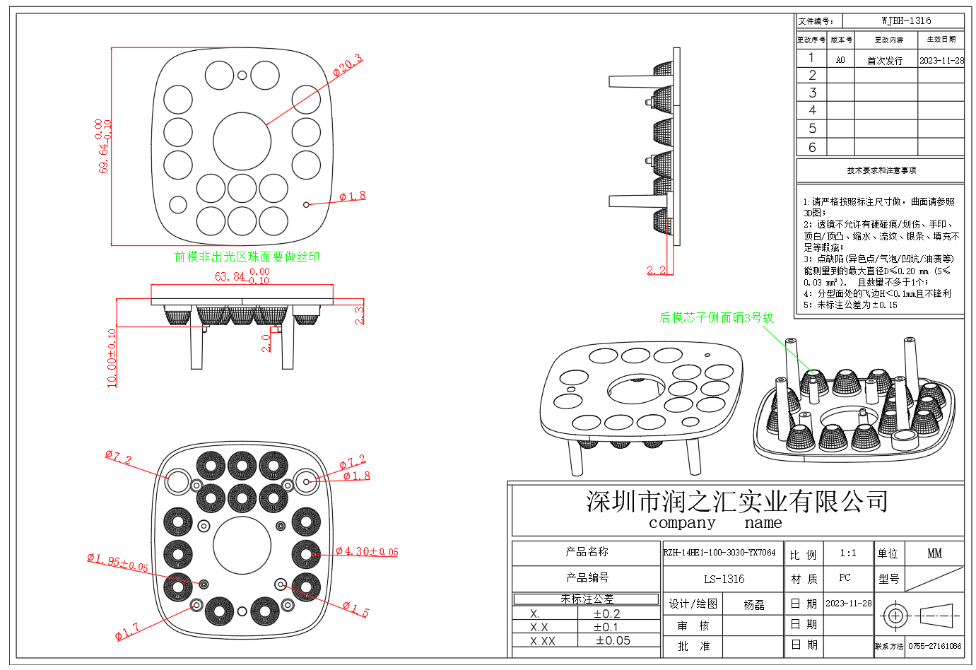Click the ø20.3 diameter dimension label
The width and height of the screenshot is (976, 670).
(x=347, y=64)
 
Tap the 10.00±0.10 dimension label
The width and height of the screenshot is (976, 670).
(x=112, y=358)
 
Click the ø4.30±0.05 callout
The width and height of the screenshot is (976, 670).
(x=367, y=551)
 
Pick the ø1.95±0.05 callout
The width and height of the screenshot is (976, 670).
(x=117, y=563)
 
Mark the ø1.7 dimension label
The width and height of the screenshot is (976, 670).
(x=127, y=631)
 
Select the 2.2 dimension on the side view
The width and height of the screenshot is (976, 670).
(x=656, y=270)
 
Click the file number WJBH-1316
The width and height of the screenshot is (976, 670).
(x=906, y=21)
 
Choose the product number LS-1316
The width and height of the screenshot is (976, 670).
(x=724, y=579)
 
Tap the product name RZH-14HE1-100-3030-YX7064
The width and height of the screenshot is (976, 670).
(x=719, y=553)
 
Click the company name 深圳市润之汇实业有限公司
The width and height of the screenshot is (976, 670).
(x=736, y=501)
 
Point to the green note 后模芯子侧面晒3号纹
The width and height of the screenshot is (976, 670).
(x=716, y=318)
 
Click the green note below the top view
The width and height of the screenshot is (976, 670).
(x=247, y=257)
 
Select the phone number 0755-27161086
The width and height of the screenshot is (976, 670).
(x=934, y=646)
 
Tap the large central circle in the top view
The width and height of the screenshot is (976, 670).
(x=242, y=141)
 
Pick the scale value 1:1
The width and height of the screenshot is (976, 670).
(x=847, y=553)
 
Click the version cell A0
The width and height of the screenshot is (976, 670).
(x=840, y=60)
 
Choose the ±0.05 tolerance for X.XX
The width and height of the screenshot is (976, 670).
(x=613, y=640)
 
